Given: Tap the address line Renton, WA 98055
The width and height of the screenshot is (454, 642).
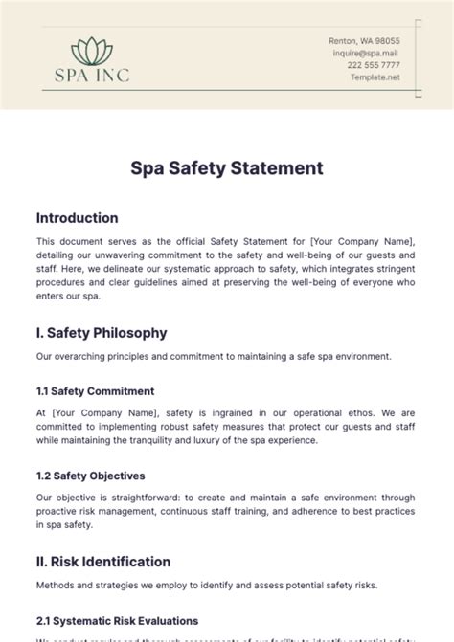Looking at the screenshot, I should coord(364,42).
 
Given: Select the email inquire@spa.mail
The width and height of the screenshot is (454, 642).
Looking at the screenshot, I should coord(367,54).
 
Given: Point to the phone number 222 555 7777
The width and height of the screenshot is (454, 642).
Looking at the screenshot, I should coord(374,65).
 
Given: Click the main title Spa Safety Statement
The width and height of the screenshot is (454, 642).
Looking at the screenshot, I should coord(227,169).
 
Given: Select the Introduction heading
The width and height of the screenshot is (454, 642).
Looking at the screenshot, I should coord(77,218).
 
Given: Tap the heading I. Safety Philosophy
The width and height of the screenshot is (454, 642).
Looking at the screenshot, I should coord(101,333).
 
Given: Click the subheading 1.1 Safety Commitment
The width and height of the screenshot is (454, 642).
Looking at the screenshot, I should coord(95,391).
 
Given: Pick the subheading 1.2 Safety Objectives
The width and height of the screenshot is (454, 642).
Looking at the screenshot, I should coord(90,476).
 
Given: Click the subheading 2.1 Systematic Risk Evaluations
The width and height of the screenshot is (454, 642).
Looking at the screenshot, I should coord(117,620).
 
